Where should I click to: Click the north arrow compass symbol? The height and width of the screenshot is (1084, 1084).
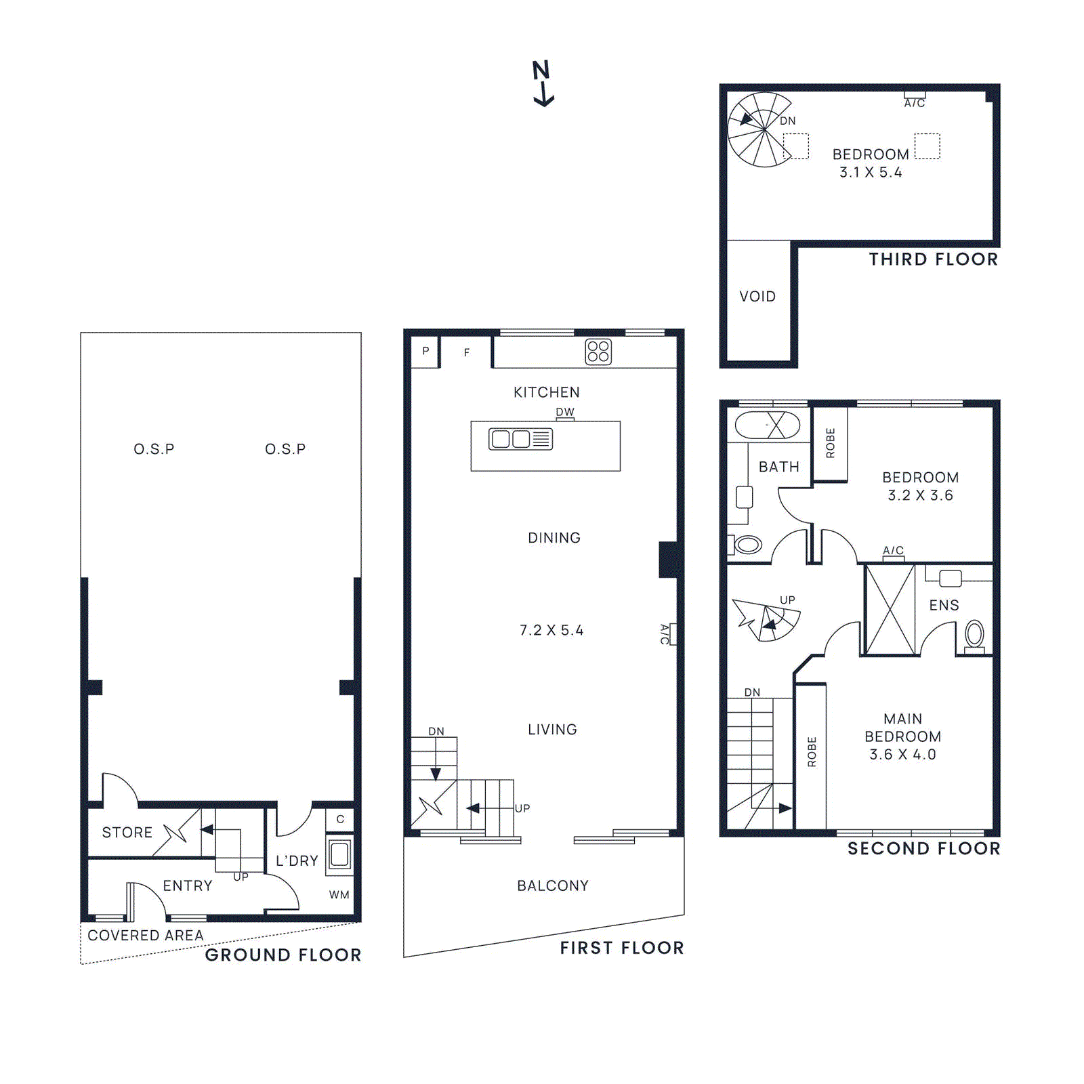[x=542, y=83]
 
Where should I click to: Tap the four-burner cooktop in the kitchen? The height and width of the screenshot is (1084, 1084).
[x=598, y=352]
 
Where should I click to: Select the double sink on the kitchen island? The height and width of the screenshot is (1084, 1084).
[x=520, y=439]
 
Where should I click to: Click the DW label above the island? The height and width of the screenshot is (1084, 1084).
[x=564, y=412]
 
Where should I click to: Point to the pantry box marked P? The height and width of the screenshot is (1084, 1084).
[x=425, y=351]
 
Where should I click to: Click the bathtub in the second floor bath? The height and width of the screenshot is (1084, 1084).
[x=767, y=425]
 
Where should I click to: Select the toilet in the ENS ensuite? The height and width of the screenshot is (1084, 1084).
[x=974, y=635]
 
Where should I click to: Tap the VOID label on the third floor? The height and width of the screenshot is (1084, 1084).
[x=757, y=296]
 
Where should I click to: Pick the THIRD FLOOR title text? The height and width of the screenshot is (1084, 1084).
[x=933, y=259]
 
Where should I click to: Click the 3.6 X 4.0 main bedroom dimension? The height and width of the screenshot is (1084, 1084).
[x=902, y=754]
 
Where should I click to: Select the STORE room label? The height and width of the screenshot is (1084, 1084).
[x=127, y=832]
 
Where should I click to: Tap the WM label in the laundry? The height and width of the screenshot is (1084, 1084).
[x=339, y=894]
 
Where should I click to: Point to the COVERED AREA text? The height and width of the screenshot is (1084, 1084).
[x=146, y=935]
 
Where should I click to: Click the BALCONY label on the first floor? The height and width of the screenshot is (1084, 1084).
[x=552, y=885]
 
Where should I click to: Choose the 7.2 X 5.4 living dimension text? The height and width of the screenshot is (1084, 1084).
[x=551, y=630]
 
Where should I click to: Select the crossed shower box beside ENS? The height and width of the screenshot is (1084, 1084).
[x=890, y=610]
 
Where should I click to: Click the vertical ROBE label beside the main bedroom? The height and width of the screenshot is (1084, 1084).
[x=812, y=751]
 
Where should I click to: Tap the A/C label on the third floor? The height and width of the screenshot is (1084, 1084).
[x=914, y=103]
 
